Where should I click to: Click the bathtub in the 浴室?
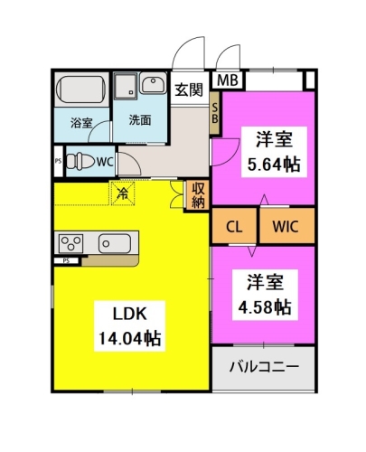click(81, 89)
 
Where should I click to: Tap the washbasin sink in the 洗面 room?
click(154, 82)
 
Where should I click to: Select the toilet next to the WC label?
click(80, 161)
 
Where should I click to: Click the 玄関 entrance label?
click(189, 89)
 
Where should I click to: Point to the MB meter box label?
click(228, 80)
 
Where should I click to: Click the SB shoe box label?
click(215, 113)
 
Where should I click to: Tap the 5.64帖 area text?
click(274, 165)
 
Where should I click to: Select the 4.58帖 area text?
click(265, 307)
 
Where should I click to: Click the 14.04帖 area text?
click(130, 338)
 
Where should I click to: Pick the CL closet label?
click(234, 227)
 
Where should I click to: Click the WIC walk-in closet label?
click(286, 227)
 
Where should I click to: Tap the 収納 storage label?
click(198, 195)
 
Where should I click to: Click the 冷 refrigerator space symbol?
click(123, 193)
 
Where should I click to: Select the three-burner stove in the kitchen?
click(71, 243)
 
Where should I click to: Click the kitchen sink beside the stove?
click(115, 243)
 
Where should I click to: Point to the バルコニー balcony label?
click(264, 367)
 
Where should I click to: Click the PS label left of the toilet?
click(58, 161)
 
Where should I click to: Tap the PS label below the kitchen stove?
click(66, 261)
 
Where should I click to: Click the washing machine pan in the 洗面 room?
click(126, 86)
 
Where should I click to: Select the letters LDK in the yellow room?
click(129, 314)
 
